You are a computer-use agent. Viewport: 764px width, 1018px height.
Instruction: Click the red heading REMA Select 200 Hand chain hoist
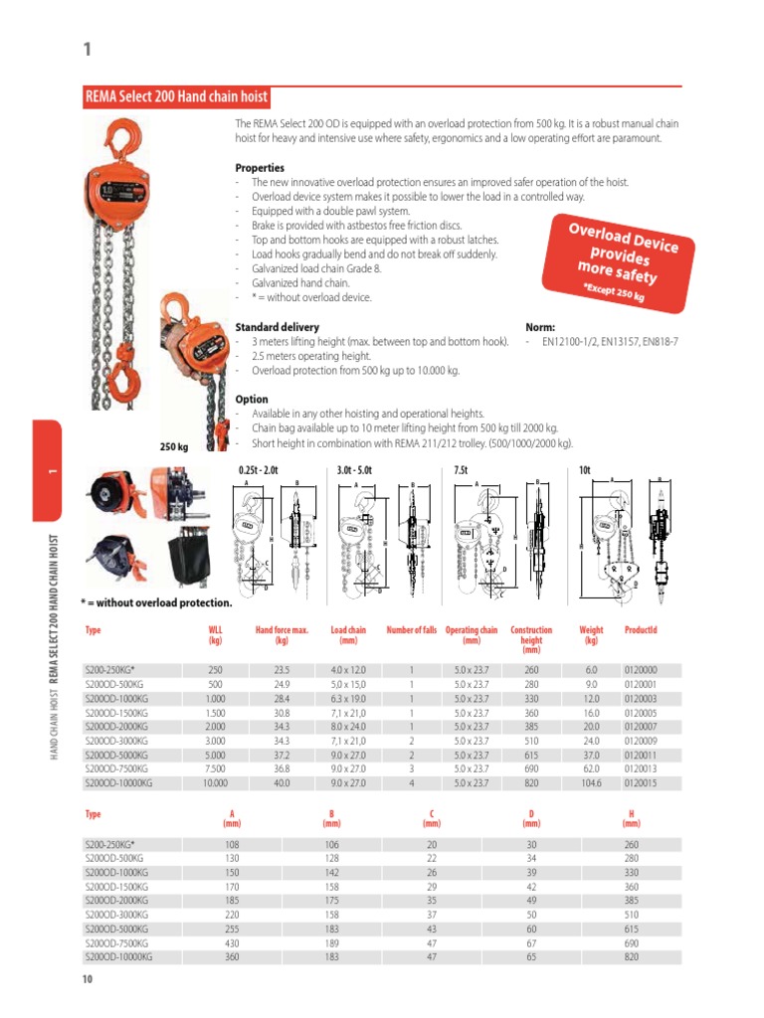pos(176,97)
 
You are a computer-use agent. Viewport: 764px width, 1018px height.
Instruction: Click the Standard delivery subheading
pos(277,327)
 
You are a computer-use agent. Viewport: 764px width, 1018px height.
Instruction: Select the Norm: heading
pos(540,327)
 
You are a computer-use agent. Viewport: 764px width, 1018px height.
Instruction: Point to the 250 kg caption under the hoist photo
pos(174,447)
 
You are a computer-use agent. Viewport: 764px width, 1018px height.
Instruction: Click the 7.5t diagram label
pos(461,468)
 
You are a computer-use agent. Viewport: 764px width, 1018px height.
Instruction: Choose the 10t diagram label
pos(584,468)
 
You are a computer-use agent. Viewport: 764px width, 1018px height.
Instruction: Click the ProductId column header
pos(641,630)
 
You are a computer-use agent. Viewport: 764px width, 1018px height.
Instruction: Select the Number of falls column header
pos(411,630)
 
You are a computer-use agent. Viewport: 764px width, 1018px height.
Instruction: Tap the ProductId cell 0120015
pos(640,783)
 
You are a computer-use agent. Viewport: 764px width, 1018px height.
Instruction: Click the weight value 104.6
pos(591,783)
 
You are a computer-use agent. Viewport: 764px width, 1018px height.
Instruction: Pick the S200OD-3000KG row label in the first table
pos(117,741)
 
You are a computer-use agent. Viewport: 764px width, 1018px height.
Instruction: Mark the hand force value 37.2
pos(282,756)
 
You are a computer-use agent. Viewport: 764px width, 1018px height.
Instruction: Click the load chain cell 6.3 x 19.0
pos(348,699)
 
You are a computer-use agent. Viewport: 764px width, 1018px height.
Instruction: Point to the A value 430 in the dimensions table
pos(233,942)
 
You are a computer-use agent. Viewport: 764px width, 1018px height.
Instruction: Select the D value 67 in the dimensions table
pos(531,942)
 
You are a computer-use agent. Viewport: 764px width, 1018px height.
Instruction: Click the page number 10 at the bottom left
pos(88,980)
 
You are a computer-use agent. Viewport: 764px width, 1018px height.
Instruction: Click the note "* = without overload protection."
pos(156,602)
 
